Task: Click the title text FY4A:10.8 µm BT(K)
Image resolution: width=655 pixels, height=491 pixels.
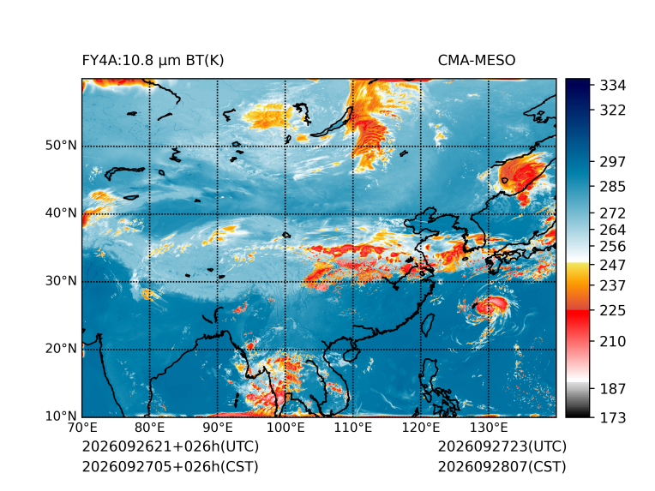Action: click(x=153, y=61)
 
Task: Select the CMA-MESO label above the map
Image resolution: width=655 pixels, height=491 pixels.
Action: click(x=477, y=61)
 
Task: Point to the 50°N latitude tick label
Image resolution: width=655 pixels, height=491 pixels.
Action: click(x=61, y=146)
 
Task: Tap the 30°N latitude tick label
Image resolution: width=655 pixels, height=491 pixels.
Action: click(x=61, y=281)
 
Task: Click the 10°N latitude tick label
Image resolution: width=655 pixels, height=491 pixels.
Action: click(x=61, y=416)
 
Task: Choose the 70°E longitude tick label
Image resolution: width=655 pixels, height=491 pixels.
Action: click(x=82, y=428)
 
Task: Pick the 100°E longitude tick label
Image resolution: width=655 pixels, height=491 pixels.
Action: click(x=285, y=428)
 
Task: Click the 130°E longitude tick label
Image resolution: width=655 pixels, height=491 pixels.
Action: click(x=489, y=428)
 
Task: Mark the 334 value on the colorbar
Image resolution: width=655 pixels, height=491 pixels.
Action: click(x=613, y=86)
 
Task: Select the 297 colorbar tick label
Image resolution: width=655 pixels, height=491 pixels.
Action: click(x=613, y=162)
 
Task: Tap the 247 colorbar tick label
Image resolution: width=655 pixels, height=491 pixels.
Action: click(x=613, y=265)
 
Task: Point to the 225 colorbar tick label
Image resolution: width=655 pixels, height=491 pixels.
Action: click(x=613, y=311)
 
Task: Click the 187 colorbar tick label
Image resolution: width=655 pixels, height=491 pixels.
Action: click(x=613, y=389)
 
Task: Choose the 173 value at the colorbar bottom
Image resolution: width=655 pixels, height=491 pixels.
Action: click(x=613, y=417)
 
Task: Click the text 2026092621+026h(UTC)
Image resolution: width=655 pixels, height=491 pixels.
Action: click(x=171, y=446)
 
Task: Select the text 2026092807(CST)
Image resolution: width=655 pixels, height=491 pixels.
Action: click(x=502, y=467)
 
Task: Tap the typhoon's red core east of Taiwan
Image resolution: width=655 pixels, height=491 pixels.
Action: click(x=492, y=305)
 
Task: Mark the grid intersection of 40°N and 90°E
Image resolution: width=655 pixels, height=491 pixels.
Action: click(x=218, y=213)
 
